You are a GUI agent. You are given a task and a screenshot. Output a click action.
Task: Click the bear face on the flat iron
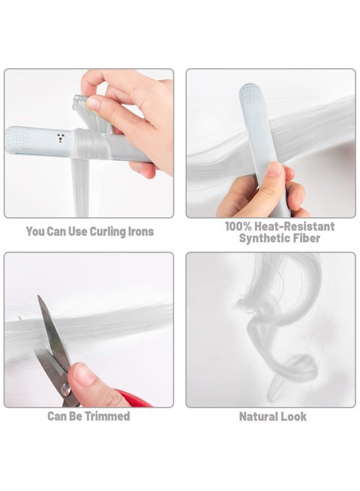(x=61, y=138)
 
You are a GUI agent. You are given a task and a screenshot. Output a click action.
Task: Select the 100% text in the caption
(x=238, y=226)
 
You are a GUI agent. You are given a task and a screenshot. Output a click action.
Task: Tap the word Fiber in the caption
(x=308, y=238)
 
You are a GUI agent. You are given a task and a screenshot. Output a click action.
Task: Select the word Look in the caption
(x=293, y=416)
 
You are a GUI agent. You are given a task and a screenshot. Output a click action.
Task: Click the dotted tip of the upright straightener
(x=251, y=94)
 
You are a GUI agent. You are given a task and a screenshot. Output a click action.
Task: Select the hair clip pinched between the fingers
(x=80, y=101)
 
